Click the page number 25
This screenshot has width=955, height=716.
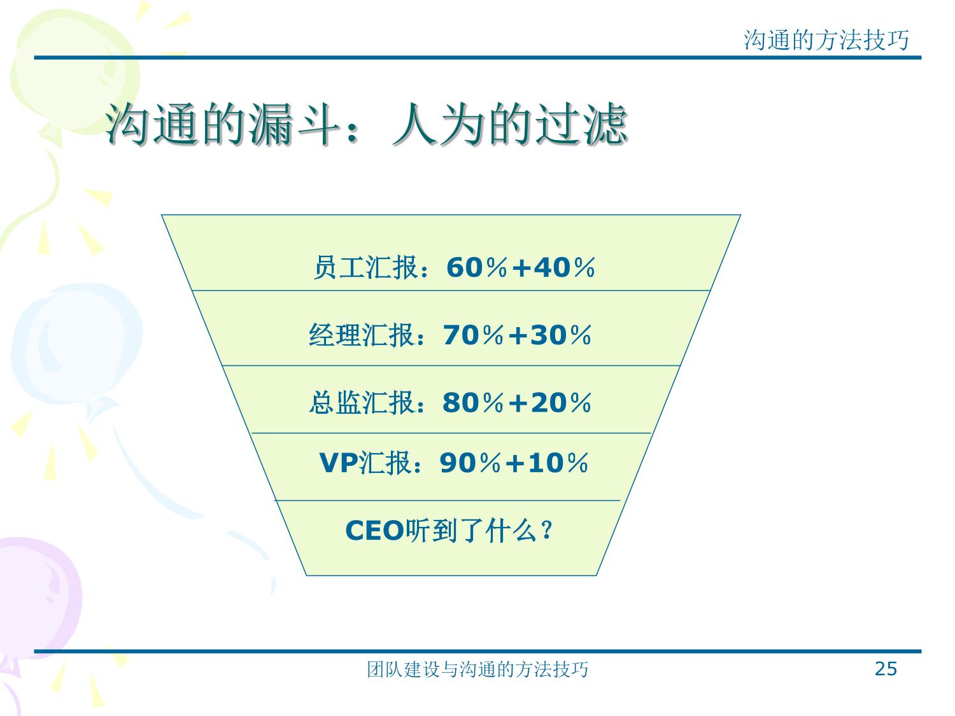click(886, 669)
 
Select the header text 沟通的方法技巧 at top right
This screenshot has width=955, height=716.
click(826, 41)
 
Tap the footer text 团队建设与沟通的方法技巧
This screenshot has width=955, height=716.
click(478, 670)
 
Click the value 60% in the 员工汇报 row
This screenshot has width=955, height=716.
click(477, 267)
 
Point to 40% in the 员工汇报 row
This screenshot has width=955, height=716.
click(564, 267)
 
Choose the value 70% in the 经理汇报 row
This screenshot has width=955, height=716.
click(474, 335)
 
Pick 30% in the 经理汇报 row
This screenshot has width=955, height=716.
click(561, 335)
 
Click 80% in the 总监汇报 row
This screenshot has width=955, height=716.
click(473, 403)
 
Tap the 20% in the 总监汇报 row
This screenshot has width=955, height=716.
click(561, 403)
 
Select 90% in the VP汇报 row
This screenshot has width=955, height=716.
click(470, 463)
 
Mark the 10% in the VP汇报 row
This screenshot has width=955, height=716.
click(558, 463)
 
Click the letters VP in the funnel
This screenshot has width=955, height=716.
click(339, 463)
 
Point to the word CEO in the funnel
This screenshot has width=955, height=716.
click(374, 531)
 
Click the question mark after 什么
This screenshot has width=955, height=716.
click(547, 531)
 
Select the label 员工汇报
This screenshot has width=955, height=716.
click(366, 267)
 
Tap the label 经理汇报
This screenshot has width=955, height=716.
click(362, 335)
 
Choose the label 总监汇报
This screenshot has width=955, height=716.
click(362, 403)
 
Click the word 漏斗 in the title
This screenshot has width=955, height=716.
click(294, 125)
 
